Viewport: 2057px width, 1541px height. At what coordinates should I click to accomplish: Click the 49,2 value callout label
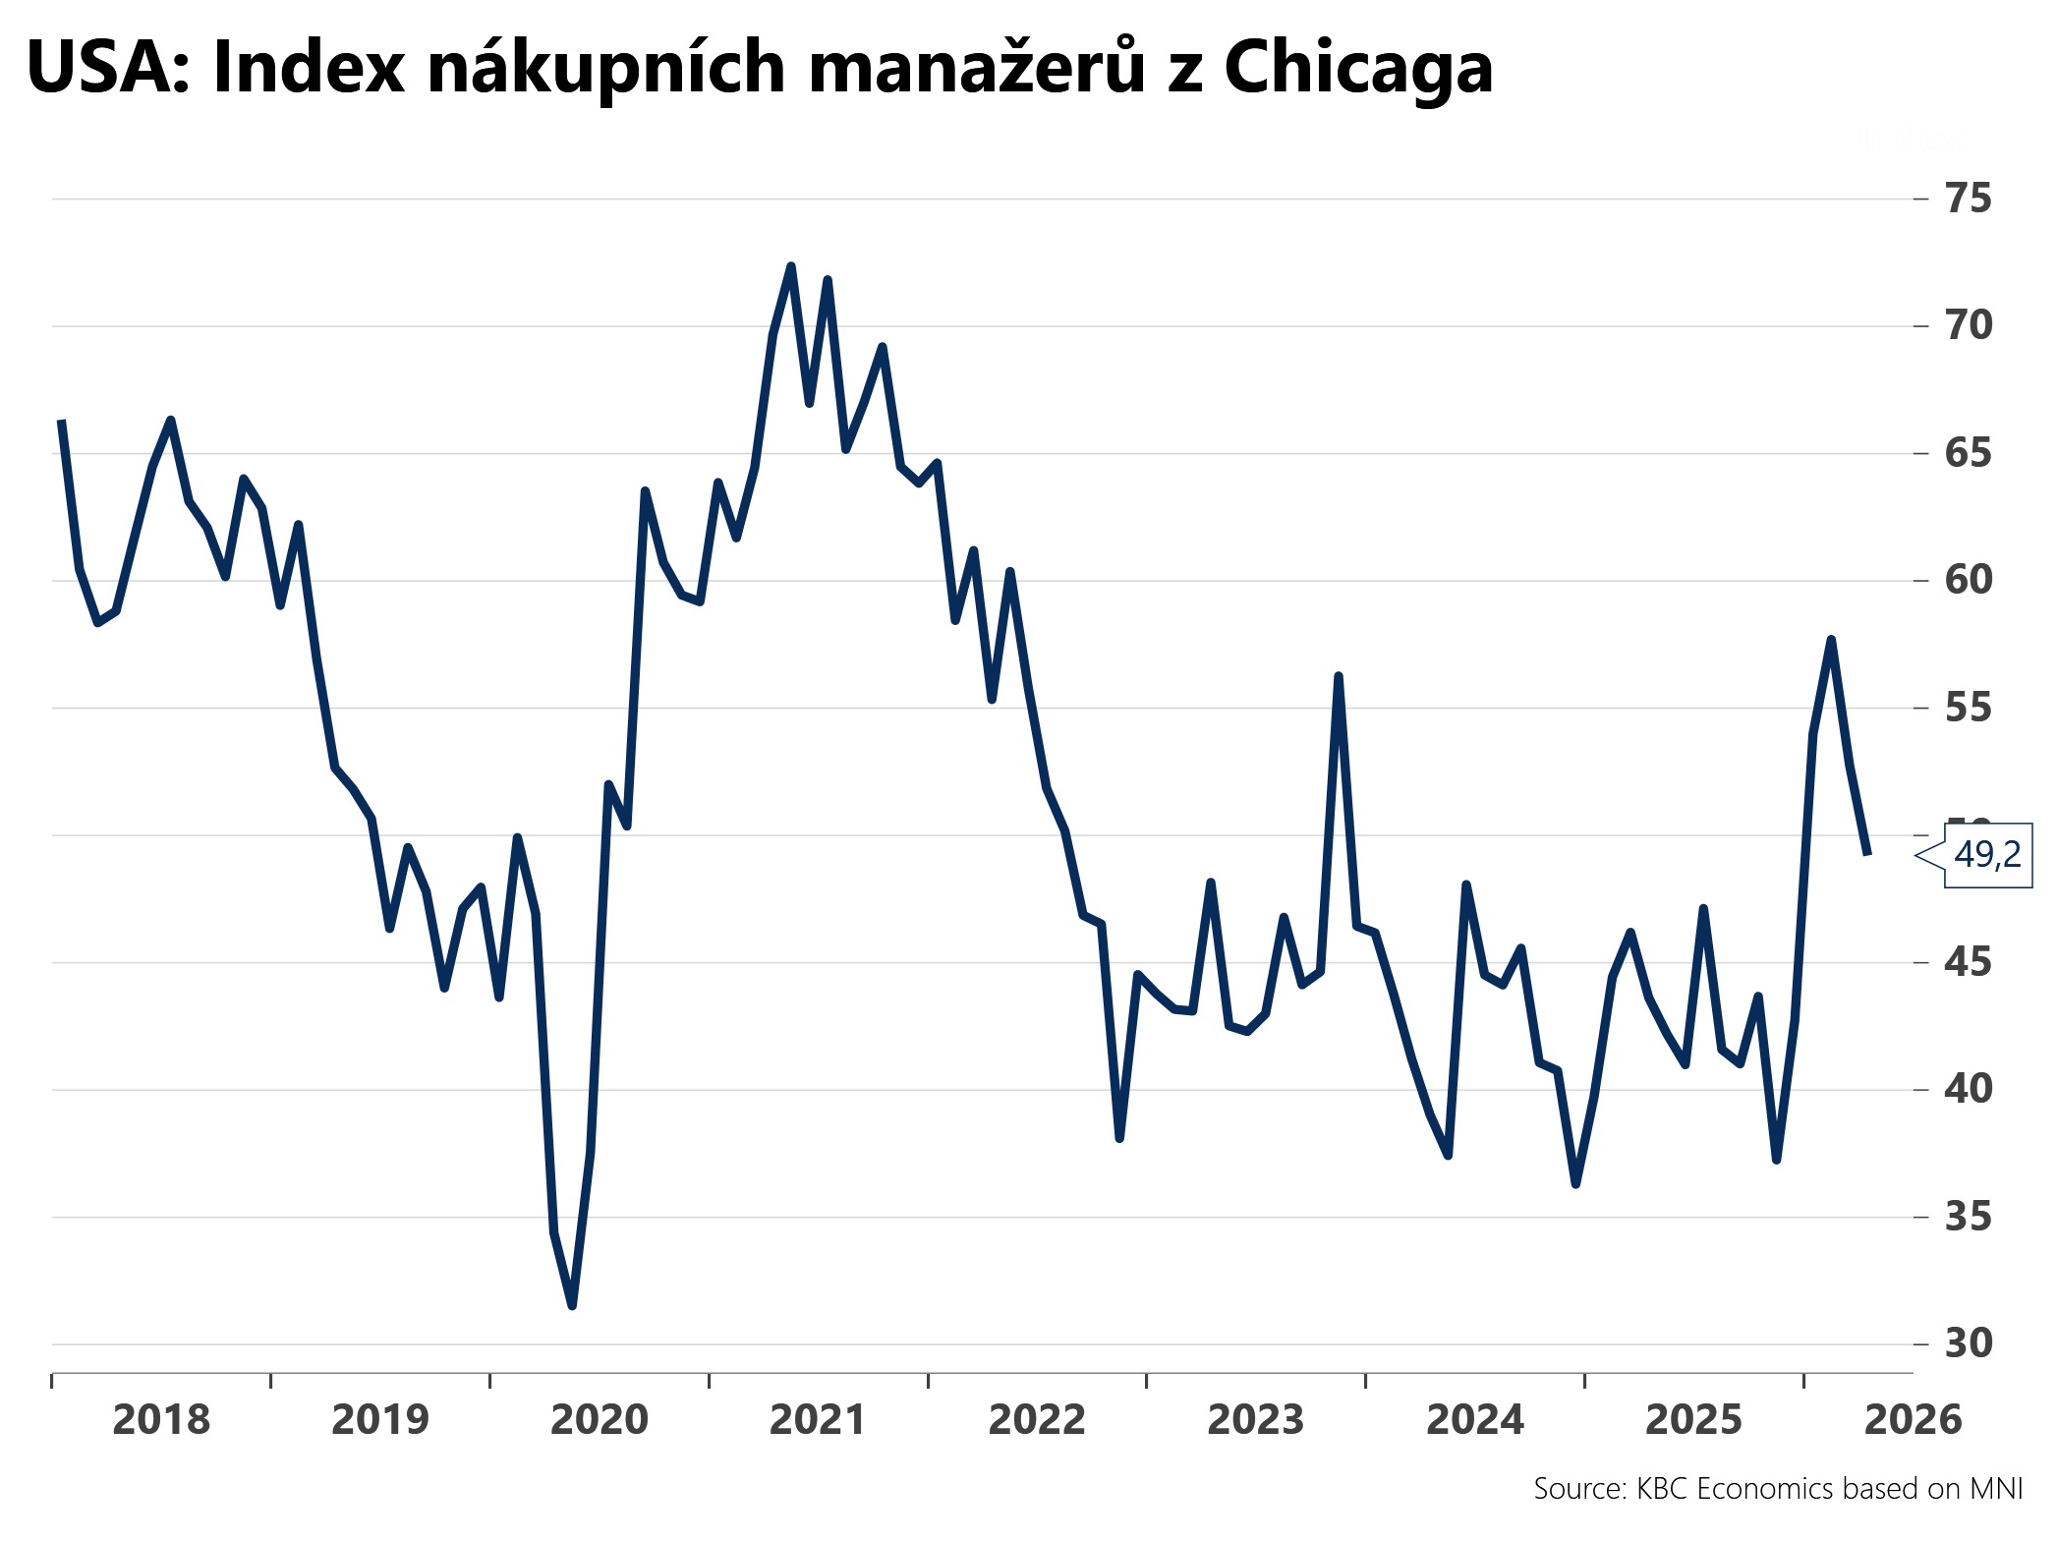tap(1986, 855)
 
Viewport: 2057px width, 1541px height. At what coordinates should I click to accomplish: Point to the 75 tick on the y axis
tap(1968, 199)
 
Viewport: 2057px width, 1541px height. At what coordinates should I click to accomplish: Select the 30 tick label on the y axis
tap(1968, 1343)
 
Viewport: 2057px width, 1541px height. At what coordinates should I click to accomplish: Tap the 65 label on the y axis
tap(1968, 453)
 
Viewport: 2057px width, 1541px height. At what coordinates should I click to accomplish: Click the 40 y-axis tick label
tap(1968, 1089)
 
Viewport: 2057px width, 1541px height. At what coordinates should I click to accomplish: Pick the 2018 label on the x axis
tap(161, 1420)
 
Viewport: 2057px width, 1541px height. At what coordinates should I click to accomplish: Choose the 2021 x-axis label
tap(818, 1420)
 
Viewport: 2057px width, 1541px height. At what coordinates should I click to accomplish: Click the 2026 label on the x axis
tap(1913, 1420)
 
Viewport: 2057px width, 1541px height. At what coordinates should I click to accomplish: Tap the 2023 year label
tap(1255, 1420)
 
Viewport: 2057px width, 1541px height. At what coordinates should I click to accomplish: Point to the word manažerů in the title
tap(977, 69)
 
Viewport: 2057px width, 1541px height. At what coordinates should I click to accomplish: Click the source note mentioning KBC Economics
tap(1777, 1489)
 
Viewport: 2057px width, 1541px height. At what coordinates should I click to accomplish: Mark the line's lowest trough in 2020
tap(572, 1305)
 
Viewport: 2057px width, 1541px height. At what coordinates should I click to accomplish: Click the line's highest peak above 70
tap(791, 266)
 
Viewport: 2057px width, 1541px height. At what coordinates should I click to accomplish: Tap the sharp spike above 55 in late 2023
tap(1339, 676)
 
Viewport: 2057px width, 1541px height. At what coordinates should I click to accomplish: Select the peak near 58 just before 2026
tap(1831, 640)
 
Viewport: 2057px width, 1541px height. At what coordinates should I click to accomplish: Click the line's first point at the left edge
tap(61, 421)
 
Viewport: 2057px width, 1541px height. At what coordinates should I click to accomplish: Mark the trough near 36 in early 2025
tap(1575, 1184)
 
